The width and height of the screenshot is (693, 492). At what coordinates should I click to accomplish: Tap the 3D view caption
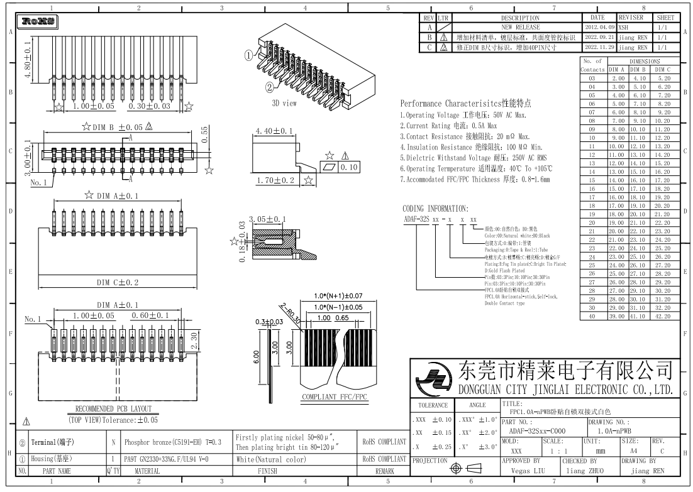(x=284, y=103)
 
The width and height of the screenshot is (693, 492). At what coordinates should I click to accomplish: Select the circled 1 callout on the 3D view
(x=249, y=55)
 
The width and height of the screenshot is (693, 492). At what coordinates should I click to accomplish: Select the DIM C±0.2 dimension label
(x=118, y=282)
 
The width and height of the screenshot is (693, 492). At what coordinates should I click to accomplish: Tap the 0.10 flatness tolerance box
(x=348, y=168)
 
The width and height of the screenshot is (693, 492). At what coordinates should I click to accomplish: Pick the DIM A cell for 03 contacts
(x=618, y=77)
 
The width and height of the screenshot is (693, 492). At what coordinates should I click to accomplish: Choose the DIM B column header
(x=640, y=69)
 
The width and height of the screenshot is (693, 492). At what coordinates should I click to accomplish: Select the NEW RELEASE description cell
(x=519, y=28)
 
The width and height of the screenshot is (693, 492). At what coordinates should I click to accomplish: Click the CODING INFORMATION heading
(x=435, y=208)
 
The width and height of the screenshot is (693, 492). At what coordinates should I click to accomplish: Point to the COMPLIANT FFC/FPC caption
(x=334, y=398)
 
